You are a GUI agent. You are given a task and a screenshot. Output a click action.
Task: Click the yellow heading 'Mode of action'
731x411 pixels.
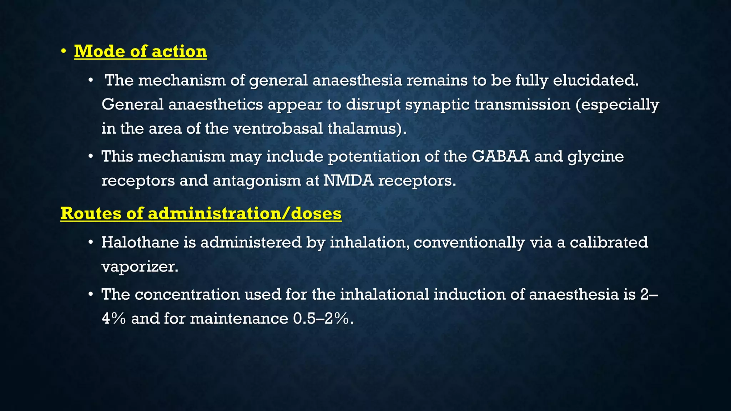point(140,51)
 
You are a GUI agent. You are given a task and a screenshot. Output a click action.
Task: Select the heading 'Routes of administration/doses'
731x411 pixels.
point(201,213)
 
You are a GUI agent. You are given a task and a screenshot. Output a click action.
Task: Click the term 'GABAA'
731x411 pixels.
point(500,156)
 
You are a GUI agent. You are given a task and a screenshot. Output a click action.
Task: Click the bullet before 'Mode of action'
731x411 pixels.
point(63,52)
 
